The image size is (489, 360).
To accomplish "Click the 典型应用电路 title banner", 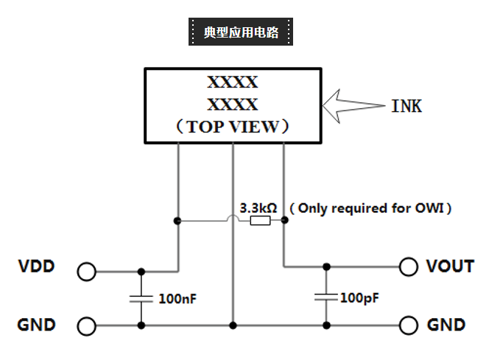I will coord(241,32).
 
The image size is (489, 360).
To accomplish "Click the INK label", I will coord(407,106).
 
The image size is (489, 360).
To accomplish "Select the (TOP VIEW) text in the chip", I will coord(233,127).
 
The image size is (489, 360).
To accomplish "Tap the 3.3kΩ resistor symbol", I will coord(260,220).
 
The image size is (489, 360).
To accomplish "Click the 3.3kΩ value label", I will coord(258,208).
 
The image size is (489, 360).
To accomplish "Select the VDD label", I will coord(37,267).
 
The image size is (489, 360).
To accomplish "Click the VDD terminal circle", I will coord(86,272).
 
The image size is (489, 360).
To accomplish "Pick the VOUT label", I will coord(449,267).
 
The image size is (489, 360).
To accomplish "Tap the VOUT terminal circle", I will coord(409,267).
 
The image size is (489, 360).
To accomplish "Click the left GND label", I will coord(37,325).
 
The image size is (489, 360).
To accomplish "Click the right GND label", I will coord(446,325).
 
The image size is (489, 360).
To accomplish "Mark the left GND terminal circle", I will coord(86,325).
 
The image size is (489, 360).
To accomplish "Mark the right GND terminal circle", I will coord(409,325).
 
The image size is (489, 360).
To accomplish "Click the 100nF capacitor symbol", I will coord(141,299).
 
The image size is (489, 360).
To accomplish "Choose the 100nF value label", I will coord(177,300).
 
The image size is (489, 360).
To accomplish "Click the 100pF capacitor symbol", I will coord(326,297).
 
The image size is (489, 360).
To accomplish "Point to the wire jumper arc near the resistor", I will coord(233,218).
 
